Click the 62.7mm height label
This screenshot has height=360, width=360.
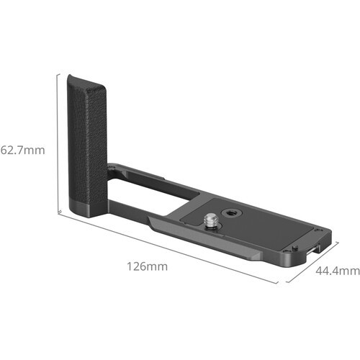click(x=23, y=151)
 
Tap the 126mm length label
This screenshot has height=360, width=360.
click(x=146, y=266)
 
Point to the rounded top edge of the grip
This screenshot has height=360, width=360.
click(x=86, y=79)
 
